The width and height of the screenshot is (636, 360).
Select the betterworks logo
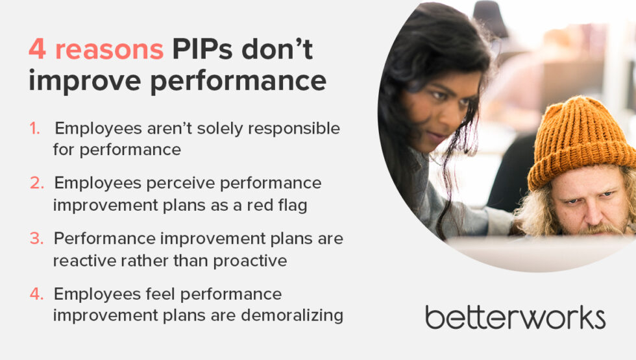pos(515,317)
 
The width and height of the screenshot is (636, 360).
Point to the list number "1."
pos(34,128)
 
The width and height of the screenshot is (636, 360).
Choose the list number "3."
pos(37,239)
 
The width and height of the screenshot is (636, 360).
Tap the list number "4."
pos(37,294)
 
